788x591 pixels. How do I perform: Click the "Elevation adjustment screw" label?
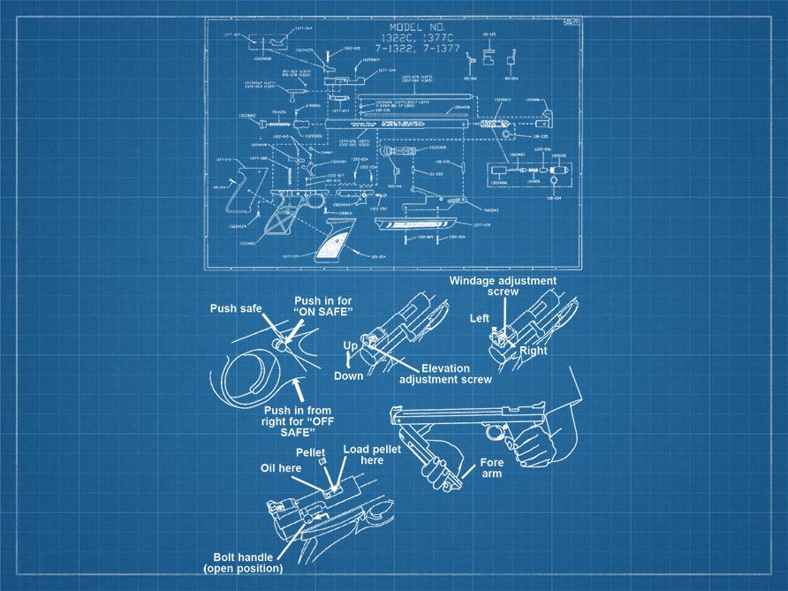(444, 374)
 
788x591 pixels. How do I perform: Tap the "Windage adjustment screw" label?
(503, 285)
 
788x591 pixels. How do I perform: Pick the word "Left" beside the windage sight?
(480, 317)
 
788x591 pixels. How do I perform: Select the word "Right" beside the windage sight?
(534, 351)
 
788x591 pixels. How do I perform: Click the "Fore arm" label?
(491, 468)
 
